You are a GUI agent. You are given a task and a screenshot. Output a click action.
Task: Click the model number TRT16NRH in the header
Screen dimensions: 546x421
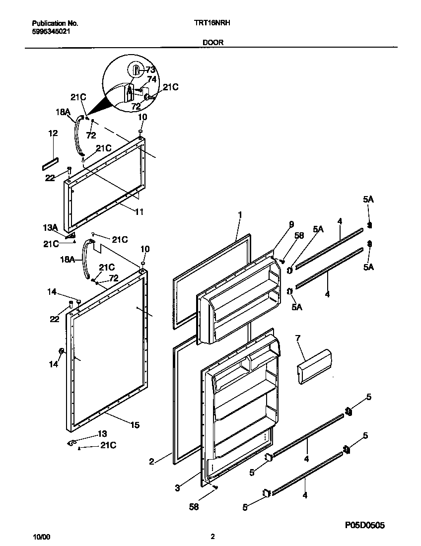(213, 23)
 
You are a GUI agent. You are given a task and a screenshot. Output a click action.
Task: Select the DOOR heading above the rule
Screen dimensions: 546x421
(212, 43)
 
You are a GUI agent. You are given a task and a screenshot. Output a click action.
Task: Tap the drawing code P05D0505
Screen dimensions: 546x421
(363, 525)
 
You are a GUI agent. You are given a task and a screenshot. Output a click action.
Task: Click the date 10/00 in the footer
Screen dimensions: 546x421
(41, 537)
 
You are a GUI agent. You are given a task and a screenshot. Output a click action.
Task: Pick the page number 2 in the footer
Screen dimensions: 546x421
(212, 537)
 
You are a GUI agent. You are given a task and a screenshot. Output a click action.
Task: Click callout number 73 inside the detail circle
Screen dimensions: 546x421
(150, 70)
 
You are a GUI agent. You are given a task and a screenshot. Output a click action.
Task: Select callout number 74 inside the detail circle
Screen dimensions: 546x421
(152, 79)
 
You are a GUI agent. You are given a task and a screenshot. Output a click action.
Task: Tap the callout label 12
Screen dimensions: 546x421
(53, 133)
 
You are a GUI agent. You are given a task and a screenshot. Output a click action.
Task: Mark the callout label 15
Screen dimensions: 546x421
(135, 425)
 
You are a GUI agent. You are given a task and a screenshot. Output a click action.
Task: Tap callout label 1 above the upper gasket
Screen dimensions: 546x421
(240, 215)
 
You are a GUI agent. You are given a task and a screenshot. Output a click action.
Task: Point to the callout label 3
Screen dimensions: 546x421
(177, 488)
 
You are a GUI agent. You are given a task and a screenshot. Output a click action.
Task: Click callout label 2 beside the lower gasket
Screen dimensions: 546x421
(151, 462)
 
